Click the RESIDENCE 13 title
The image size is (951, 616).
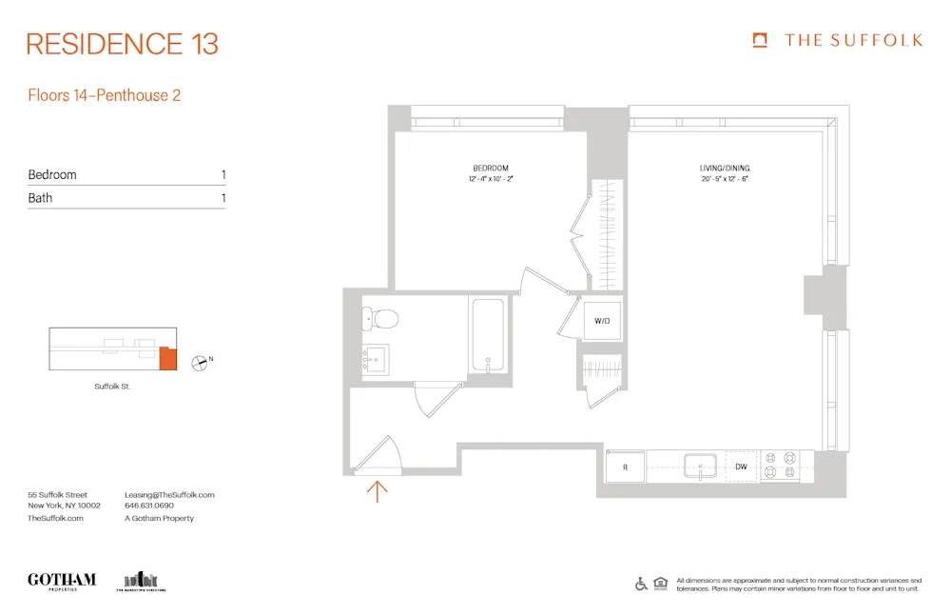(x=123, y=44)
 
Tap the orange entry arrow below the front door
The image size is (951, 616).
(x=378, y=491)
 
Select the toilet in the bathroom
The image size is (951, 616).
(x=381, y=318)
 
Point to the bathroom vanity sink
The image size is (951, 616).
(x=375, y=359)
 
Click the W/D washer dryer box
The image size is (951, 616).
(x=603, y=321)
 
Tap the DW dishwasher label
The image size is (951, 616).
(x=741, y=467)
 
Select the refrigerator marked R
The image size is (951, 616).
(x=625, y=467)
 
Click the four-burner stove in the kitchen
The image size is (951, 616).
(x=780, y=465)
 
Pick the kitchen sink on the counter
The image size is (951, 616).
(x=701, y=467)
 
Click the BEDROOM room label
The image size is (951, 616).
(x=491, y=169)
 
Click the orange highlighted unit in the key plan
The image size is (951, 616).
(x=168, y=359)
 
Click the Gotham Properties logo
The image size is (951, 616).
(x=62, y=581)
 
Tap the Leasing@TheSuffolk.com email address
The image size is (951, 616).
(x=169, y=495)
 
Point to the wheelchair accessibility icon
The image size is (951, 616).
(x=641, y=584)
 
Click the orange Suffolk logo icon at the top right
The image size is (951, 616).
(x=760, y=40)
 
